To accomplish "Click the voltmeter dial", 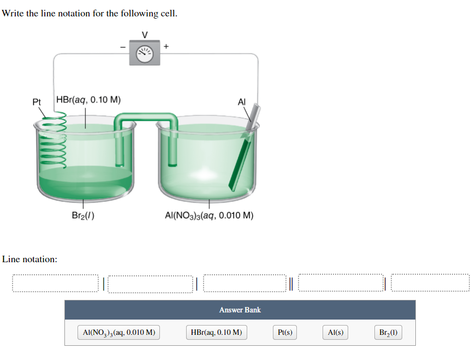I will click(x=145, y=52).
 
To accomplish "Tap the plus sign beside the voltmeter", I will click(x=166, y=47).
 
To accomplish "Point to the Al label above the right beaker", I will click(x=242, y=101).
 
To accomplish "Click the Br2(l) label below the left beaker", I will click(x=83, y=215).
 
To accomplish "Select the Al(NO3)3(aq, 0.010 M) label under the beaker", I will click(x=209, y=215).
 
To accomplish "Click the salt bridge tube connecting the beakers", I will click(x=146, y=117).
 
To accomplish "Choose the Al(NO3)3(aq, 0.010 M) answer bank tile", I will click(x=119, y=332).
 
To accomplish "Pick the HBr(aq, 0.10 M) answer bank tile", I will click(x=216, y=332).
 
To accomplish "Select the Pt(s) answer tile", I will click(x=285, y=332).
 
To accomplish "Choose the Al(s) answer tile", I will click(x=336, y=332).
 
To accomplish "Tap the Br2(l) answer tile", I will click(x=388, y=332).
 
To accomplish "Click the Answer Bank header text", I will click(x=240, y=310).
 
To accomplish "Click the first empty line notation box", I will click(x=56, y=283).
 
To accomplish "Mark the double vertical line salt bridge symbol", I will click(x=291, y=283).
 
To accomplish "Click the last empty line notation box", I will click(x=430, y=283).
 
